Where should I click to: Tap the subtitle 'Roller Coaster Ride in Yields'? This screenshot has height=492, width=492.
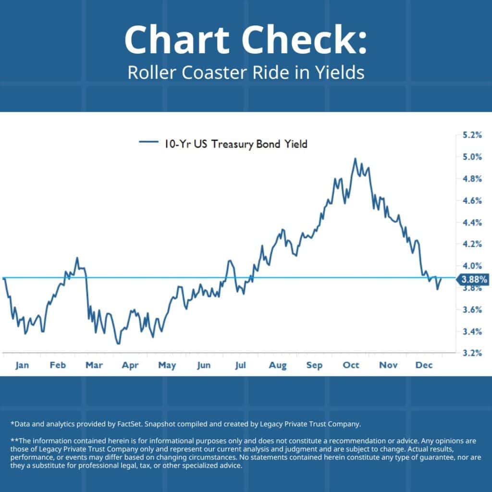tap(246, 73)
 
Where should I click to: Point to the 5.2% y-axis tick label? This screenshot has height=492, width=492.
tap(471, 135)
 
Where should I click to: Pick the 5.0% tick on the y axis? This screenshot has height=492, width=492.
tap(471, 157)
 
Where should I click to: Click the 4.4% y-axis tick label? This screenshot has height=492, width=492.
tap(471, 222)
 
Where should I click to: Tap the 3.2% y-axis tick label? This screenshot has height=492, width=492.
tap(471, 353)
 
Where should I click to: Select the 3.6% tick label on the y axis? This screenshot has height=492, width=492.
tap(471, 309)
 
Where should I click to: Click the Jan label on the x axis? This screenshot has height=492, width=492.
tap(22, 366)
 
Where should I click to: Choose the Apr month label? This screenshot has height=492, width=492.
tap(130, 366)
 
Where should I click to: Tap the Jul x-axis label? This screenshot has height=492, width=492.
tap(240, 366)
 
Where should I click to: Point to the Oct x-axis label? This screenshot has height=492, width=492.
tap(351, 366)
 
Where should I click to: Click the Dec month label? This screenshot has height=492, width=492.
tap(425, 366)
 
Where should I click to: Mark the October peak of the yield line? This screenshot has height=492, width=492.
tap(355, 159)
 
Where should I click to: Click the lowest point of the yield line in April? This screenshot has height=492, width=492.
tap(118, 343)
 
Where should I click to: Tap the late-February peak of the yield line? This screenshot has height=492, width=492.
tap(77, 258)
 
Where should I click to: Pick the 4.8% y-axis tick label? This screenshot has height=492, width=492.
tap(471, 179)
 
